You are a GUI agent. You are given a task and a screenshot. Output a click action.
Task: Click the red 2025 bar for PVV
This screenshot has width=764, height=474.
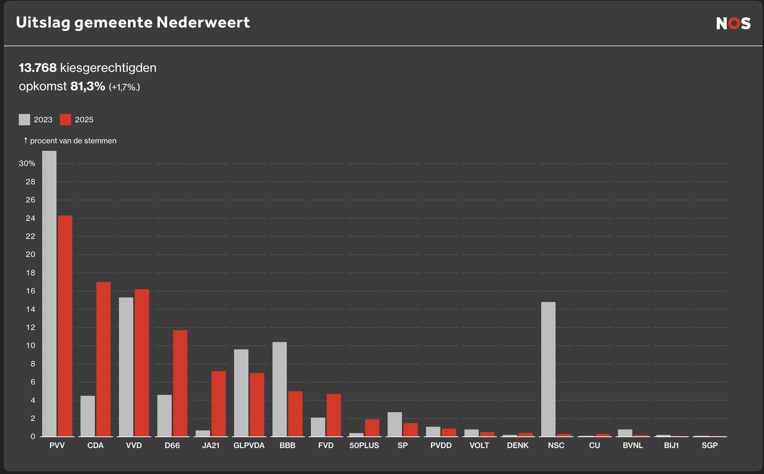[65, 326]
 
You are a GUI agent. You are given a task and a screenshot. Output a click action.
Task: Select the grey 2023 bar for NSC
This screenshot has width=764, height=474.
[548, 369]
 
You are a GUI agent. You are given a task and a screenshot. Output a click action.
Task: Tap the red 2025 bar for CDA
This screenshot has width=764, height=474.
[103, 359]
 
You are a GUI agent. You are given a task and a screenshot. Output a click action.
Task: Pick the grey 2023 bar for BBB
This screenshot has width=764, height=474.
[280, 389]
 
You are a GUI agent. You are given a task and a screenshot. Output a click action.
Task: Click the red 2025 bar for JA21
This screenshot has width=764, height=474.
[219, 404]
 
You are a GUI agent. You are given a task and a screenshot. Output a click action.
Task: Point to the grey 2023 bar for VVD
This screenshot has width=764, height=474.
[126, 367]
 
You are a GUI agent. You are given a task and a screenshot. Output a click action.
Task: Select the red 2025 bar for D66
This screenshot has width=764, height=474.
[180, 383]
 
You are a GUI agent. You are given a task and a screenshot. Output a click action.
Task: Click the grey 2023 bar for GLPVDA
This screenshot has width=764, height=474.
[241, 393]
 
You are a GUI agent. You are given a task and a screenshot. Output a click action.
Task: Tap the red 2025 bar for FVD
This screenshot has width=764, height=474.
[334, 415]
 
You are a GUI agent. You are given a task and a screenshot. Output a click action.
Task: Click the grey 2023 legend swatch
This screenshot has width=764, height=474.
[24, 120]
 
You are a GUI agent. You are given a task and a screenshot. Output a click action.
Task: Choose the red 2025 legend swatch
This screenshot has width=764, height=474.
[65, 120]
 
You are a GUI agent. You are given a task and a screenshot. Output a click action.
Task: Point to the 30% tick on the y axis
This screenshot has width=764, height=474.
[27, 163]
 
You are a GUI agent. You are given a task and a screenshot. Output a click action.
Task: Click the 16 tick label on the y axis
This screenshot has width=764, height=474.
[30, 291]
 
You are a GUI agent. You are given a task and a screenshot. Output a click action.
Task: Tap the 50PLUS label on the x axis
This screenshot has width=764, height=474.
[364, 445]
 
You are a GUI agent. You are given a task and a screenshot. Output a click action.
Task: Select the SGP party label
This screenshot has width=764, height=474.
[709, 445]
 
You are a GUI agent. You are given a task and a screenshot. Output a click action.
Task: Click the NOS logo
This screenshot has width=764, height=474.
[733, 23]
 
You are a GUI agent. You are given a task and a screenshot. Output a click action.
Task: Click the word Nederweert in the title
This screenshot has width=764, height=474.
[203, 23]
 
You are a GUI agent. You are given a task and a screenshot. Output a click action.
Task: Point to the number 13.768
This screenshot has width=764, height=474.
[38, 68]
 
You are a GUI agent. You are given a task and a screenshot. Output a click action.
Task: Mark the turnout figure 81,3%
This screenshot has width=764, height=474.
[88, 86]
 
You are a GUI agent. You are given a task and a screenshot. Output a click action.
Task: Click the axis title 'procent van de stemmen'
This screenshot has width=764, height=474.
[73, 141]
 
